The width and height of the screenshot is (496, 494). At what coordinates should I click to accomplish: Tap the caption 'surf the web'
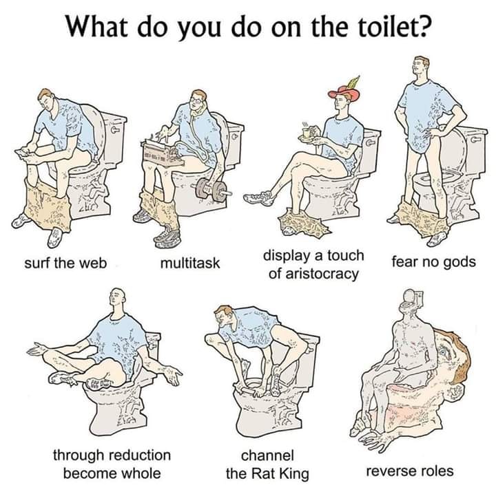(65, 262)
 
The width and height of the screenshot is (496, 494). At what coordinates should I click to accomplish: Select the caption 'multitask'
(190, 263)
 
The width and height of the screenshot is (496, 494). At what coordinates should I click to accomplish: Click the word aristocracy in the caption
(314, 274)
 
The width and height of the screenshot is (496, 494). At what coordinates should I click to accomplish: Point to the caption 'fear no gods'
(434, 262)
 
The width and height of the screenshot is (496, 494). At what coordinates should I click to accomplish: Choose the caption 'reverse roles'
(410, 471)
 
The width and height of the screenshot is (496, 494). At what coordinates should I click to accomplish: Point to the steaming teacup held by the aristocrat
(307, 133)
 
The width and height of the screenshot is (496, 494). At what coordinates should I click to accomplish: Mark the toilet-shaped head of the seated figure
(412, 299)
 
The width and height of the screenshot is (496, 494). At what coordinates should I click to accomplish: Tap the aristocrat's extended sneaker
(258, 199)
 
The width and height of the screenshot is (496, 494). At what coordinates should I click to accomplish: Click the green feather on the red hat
(353, 82)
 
